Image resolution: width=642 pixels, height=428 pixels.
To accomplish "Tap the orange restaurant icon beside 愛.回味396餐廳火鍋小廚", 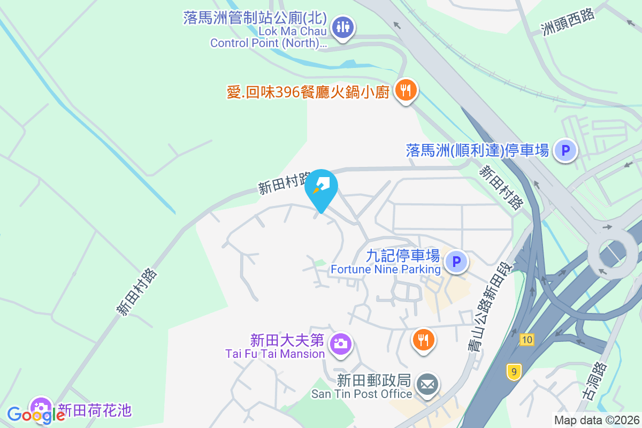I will click(x=406, y=90).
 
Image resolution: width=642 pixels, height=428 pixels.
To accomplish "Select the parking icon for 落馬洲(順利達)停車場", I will click(x=565, y=150).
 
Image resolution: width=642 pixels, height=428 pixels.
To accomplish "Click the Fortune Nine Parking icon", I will click(x=456, y=262).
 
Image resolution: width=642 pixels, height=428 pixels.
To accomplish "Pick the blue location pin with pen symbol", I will click(x=321, y=187).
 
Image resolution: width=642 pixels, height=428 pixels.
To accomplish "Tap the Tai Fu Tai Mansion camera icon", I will click(x=340, y=343).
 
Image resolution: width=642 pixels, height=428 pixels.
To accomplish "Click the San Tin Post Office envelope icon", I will click(x=426, y=384).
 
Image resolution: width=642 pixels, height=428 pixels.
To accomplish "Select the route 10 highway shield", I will click(x=526, y=339).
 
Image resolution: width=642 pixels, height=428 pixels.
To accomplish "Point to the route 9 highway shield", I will click(x=514, y=372).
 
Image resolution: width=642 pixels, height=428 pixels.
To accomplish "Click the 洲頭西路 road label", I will click(x=568, y=22).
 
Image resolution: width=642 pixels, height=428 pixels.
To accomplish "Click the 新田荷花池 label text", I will click(x=94, y=410).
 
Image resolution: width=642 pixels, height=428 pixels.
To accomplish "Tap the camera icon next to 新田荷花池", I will click(x=41, y=407).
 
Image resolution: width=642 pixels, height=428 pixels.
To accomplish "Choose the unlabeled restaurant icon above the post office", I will click(x=423, y=339).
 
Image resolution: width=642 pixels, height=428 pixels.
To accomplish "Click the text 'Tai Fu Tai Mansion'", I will click(x=275, y=354).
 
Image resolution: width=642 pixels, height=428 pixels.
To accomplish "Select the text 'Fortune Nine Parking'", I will click(x=385, y=269).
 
